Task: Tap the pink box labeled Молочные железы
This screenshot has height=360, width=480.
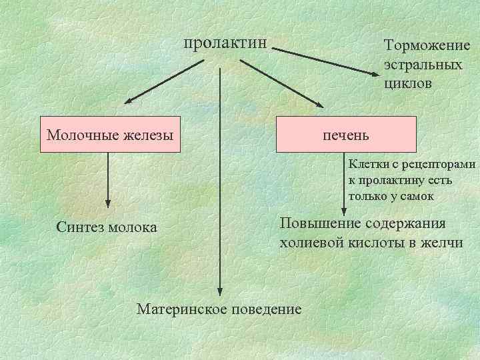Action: click(110, 135)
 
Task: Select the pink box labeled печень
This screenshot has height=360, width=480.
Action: click(346, 135)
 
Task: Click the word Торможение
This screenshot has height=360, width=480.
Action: click(427, 45)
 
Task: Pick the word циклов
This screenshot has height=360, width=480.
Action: click(407, 84)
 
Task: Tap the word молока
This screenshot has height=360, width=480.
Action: click(134, 227)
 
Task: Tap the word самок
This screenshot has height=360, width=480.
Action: click(417, 196)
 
